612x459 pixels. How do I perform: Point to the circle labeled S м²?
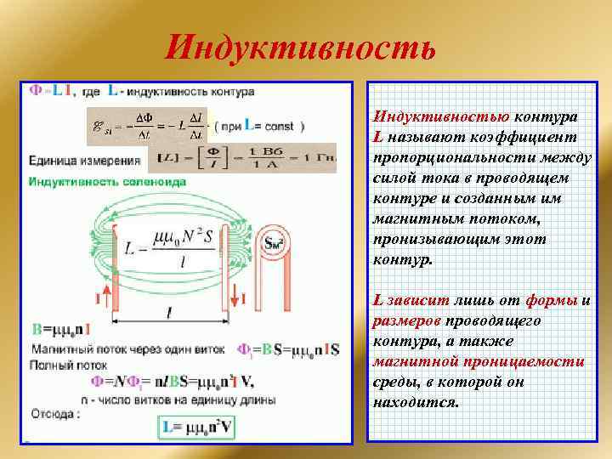pos(275,244)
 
